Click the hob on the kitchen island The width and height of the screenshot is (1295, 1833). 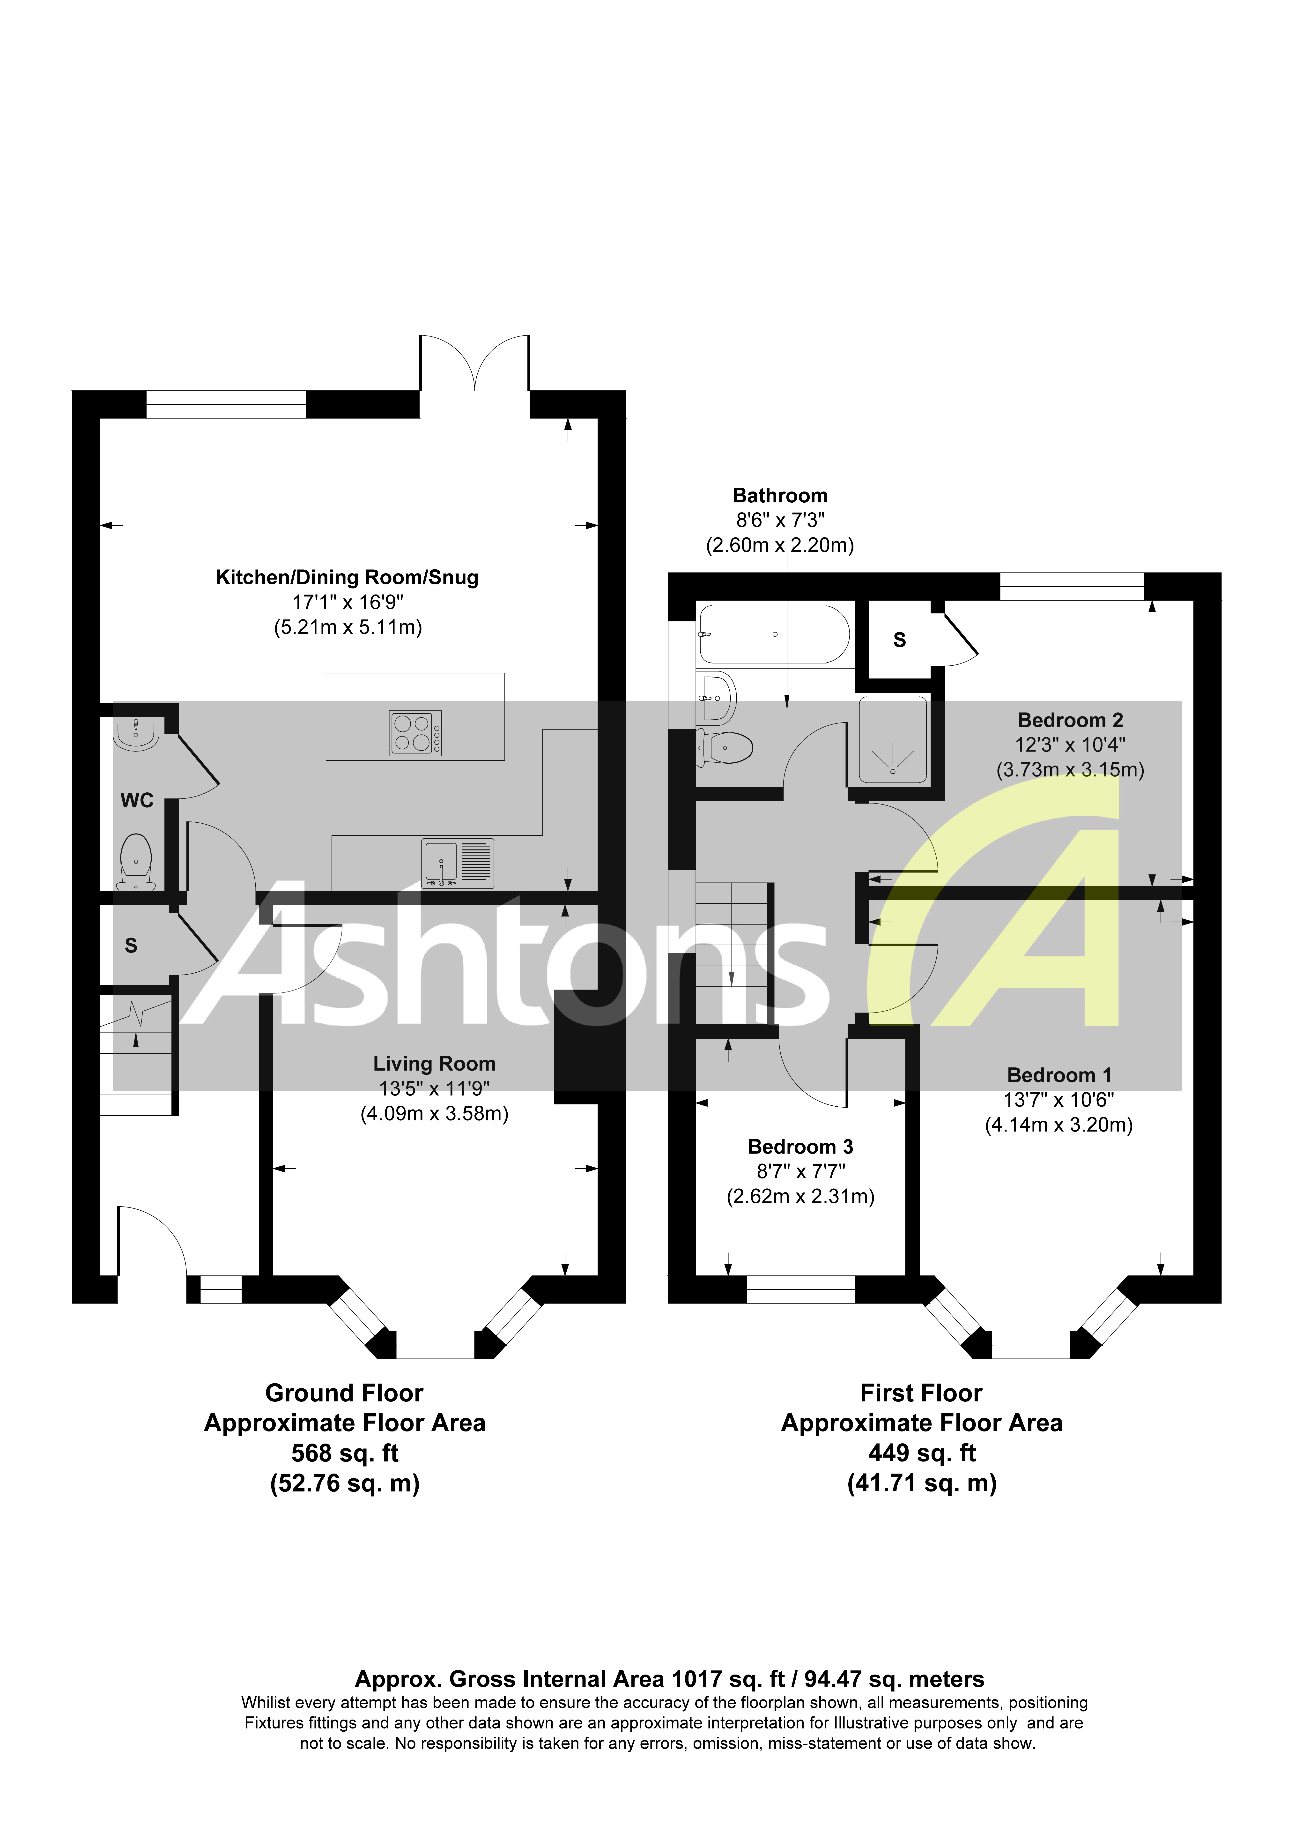pyautogui.click(x=415, y=733)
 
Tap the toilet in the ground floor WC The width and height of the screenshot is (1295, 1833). pyautogui.click(x=136, y=861)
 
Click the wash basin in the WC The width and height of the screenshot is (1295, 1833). pyautogui.click(x=137, y=733)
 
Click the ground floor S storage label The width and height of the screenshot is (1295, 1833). pyautogui.click(x=131, y=946)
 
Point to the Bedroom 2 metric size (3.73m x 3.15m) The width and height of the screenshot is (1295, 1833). pyautogui.click(x=1070, y=770)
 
